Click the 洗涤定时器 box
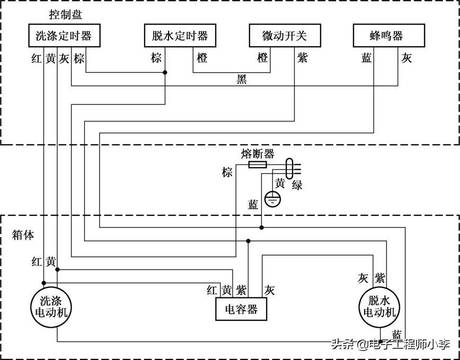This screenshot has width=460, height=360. (64, 36)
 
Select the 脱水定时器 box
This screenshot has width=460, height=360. (180, 36)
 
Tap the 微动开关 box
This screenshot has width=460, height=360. (285, 36)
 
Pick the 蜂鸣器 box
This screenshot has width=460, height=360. (389, 36)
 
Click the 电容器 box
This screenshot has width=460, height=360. (241, 309)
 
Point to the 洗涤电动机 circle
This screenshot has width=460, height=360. (51, 307)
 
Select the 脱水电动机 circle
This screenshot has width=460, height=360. (380, 307)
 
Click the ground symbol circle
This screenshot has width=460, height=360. (273, 199)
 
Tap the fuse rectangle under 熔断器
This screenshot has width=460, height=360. (258, 164)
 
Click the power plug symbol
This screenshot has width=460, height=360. (293, 169)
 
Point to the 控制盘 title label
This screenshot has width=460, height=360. (65, 15)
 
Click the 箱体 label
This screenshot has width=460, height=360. (23, 235)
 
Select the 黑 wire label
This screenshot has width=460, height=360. (242, 79)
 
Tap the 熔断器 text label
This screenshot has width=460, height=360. (258, 154)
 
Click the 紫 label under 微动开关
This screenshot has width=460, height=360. (302, 58)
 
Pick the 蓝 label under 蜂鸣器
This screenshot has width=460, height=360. (366, 58)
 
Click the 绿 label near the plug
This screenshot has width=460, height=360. (297, 185)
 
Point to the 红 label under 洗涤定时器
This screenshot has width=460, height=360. (37, 59)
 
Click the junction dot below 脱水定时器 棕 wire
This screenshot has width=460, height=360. (165, 72)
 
